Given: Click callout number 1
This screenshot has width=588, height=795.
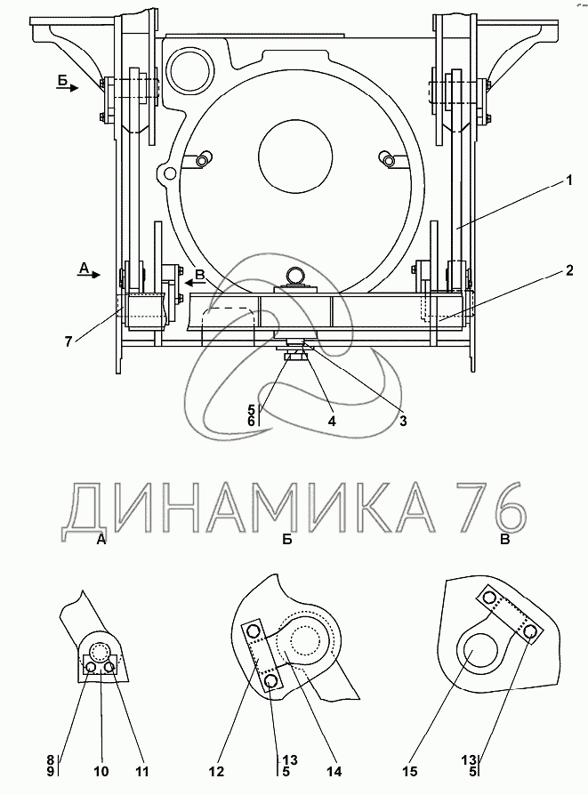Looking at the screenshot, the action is pos(569,180).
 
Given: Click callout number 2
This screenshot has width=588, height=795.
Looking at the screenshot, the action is pos(569,270).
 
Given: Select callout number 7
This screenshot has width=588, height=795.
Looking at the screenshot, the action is pos(68,341).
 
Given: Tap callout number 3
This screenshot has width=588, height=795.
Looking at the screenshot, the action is pos(403,421).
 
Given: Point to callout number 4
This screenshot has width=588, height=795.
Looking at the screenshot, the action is pos(331,421).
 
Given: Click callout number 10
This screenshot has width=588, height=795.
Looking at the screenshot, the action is pos(101,771).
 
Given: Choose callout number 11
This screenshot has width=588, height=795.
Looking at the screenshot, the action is pos(142,771).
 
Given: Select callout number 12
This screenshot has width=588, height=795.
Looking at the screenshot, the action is pos(216,771).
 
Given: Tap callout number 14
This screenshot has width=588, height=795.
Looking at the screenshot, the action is pos(334,771).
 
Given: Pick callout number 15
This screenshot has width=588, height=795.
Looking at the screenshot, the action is pos(410,771).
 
